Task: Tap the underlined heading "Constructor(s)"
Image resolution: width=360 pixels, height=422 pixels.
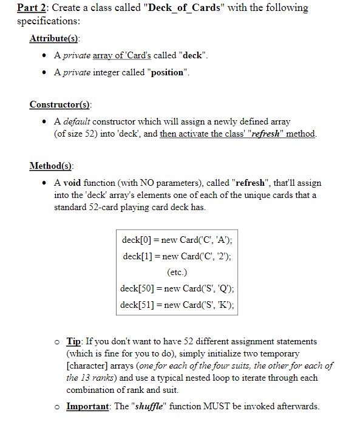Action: [x=59, y=104]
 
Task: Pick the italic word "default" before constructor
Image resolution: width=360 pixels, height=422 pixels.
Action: [x=76, y=121]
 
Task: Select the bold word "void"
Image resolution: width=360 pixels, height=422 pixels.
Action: [x=73, y=183]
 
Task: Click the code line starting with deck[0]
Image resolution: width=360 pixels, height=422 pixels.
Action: [x=177, y=239]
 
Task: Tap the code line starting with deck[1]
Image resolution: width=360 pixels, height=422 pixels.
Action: [x=177, y=256]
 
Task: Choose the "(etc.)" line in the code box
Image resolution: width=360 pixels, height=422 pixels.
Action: [x=177, y=272]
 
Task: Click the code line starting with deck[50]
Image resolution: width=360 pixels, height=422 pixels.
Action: [x=177, y=288]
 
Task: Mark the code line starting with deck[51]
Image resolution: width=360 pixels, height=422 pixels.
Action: [x=177, y=304]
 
